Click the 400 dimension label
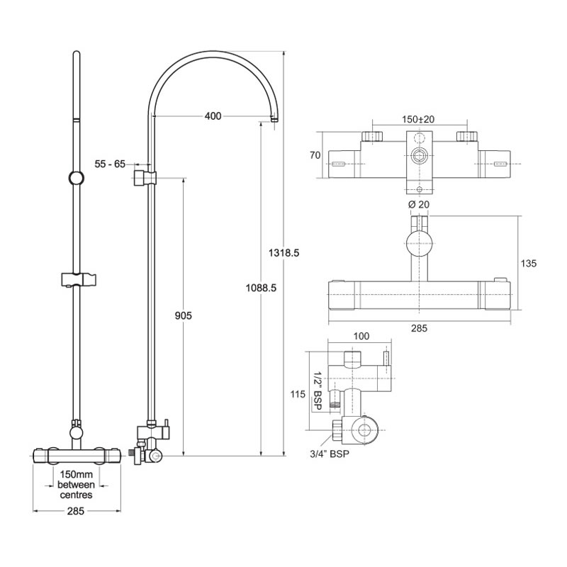click(x=213, y=116)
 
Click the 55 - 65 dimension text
click(x=110, y=164)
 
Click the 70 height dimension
click(x=315, y=155)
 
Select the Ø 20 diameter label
click(x=419, y=204)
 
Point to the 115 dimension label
click(x=297, y=394)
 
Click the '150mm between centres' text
click(x=75, y=484)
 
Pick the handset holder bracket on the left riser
click(x=74, y=276)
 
